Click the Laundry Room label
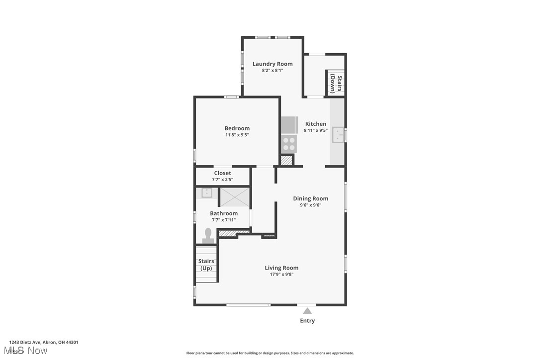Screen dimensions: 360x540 (272, 64)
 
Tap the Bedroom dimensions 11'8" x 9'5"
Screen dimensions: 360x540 (237, 135)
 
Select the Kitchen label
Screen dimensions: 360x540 (316, 124)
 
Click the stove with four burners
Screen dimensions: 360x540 (289, 144)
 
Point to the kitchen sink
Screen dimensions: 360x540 (338, 135)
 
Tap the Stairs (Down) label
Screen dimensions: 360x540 (336, 84)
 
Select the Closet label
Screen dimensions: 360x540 (222, 173)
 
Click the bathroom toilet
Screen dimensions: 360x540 (208, 235)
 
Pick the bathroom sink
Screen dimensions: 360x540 (207, 193)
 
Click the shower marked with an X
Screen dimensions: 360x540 (234, 197)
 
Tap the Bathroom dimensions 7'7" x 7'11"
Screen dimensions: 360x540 (224, 220)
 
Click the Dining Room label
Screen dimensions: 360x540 (310, 198)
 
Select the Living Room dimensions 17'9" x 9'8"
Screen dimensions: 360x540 (281, 274)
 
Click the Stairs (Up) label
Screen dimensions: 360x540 (206, 265)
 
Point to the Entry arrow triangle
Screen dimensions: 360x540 (307, 311)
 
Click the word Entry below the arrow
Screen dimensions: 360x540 (307, 321)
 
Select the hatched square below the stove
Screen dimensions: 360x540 (286, 161)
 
